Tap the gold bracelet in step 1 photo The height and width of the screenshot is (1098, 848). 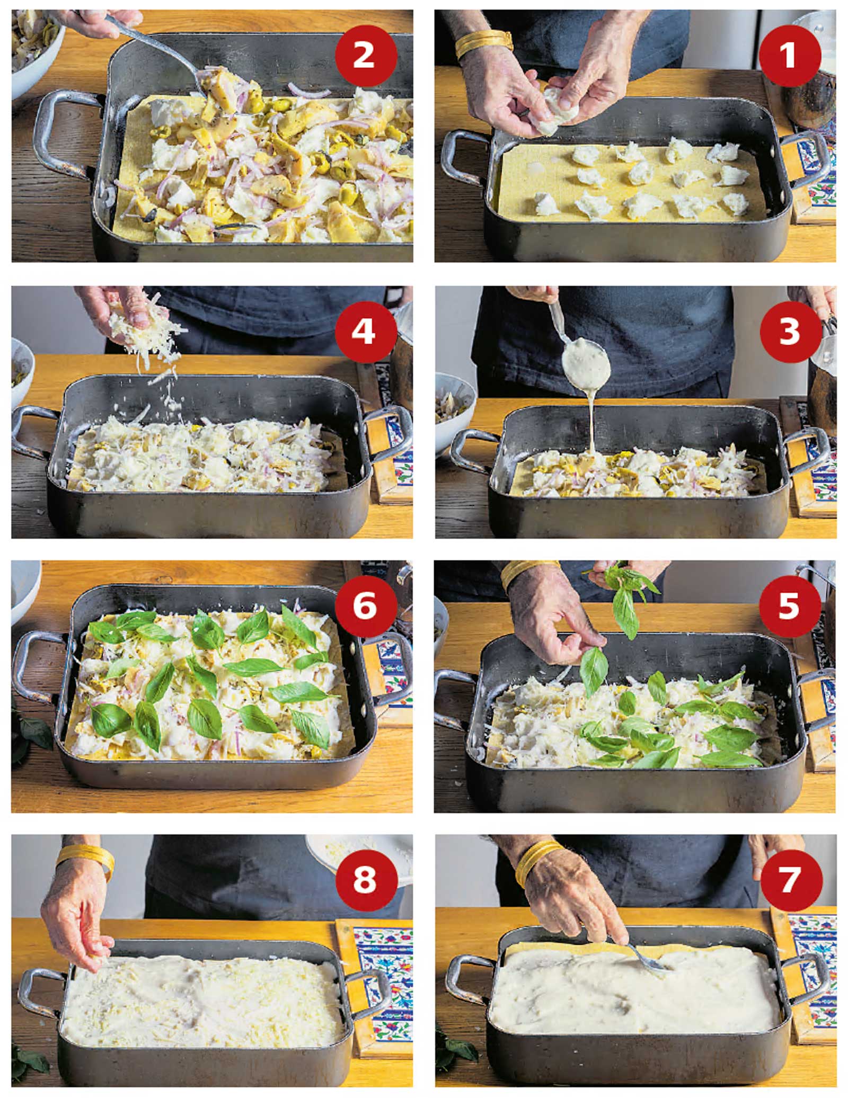pyautogui.click(x=483, y=43)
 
